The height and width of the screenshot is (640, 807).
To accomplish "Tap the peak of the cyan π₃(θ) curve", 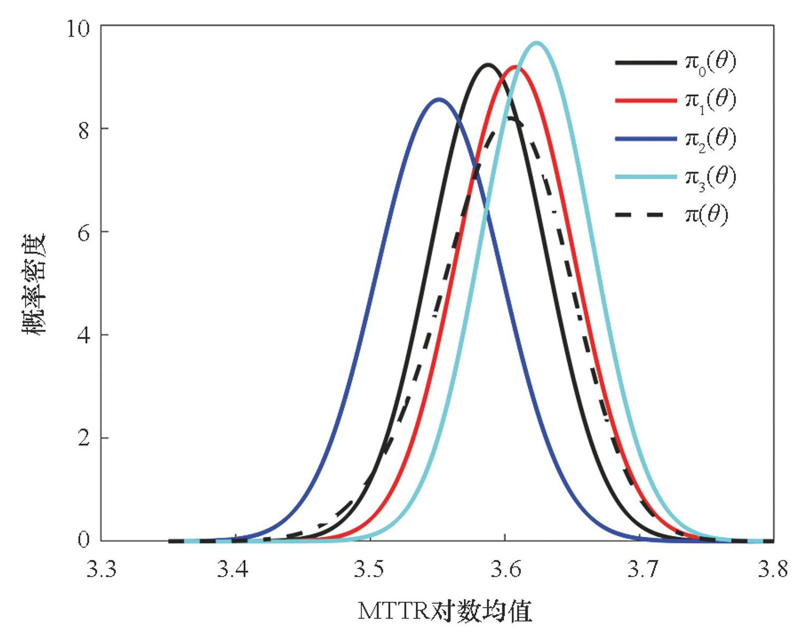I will click(x=537, y=43).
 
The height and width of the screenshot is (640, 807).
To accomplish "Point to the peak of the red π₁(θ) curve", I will click(x=514, y=67).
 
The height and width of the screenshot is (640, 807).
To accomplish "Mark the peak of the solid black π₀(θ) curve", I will click(x=488, y=65).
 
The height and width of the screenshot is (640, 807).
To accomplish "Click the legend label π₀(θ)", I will click(x=710, y=63).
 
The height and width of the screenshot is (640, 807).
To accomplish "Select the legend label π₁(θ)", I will click(x=710, y=100).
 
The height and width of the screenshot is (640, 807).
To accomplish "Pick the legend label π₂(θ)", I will click(x=710, y=139).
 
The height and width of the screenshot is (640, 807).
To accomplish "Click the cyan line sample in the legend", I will click(x=646, y=177).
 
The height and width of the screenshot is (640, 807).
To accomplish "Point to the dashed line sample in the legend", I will click(x=639, y=215).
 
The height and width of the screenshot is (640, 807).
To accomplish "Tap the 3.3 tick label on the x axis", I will click(x=101, y=570).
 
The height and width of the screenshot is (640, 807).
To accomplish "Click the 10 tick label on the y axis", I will click(x=78, y=28).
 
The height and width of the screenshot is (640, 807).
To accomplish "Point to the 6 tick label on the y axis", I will click(x=84, y=233).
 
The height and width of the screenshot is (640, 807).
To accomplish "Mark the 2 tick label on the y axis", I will click(x=84, y=438).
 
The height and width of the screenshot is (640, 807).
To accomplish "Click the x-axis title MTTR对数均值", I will click(x=445, y=611).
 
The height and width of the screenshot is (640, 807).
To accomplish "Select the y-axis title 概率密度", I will click(x=35, y=284).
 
